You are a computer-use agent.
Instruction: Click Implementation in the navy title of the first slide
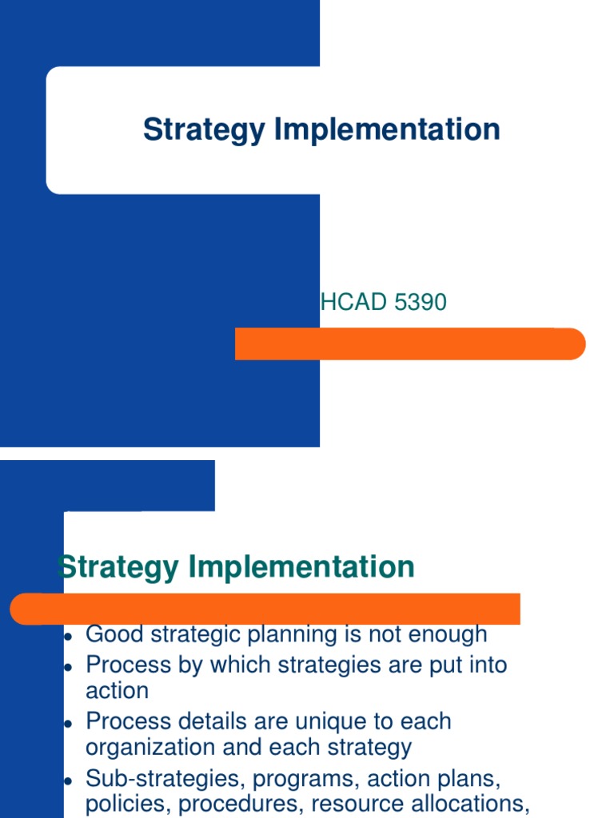(387, 130)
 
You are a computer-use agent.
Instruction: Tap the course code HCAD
(349, 303)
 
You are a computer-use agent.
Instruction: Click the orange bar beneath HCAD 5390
(409, 343)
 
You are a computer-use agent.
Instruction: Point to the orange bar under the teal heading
(264, 609)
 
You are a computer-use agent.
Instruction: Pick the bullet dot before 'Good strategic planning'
(69, 637)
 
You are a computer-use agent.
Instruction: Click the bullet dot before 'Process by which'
(69, 667)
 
